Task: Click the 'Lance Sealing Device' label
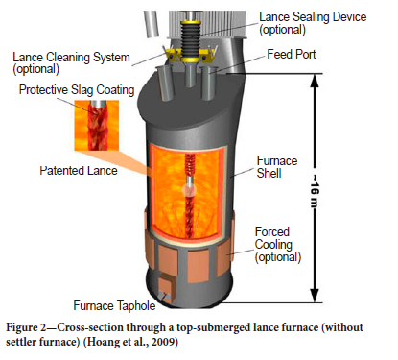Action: pyautogui.click(x=313, y=17)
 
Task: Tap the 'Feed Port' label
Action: pyautogui.click(x=292, y=54)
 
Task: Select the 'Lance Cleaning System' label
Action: pyautogui.click(x=71, y=58)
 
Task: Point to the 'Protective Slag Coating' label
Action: pyautogui.click(x=77, y=90)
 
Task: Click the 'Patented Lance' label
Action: pyautogui.click(x=79, y=171)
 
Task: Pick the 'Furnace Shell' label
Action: pyautogui.click(x=277, y=167)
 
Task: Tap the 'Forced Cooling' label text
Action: pyautogui.click(x=273, y=238)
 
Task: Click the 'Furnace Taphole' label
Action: pyautogui.click(x=114, y=305)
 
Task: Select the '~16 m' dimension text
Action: pyautogui.click(x=315, y=190)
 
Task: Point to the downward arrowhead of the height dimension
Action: pyautogui.click(x=315, y=296)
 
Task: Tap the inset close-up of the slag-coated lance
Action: pyautogui.click(x=97, y=126)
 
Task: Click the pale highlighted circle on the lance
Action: pyautogui.click(x=189, y=191)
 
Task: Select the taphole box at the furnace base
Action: pyautogui.click(x=166, y=288)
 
